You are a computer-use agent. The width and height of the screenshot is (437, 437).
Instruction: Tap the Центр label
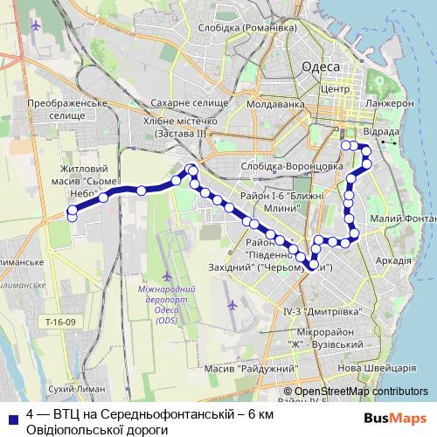click(335, 89)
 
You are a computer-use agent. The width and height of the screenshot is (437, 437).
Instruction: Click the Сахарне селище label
click(182, 103)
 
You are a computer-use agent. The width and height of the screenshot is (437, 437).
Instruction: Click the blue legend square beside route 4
click(10, 418)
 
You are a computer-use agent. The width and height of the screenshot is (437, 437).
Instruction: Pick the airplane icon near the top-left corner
click(35, 24)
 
